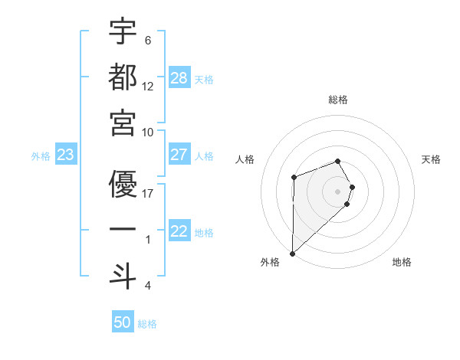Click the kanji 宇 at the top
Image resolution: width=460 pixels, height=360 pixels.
tap(123, 32)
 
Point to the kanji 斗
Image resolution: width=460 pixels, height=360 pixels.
tap(123, 277)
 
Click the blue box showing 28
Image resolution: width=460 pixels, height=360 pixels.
tap(179, 78)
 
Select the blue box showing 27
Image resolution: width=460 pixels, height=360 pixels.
tap(179, 155)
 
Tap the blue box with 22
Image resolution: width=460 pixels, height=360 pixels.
tap(179, 231)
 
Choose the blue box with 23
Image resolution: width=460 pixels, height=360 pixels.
tap(65, 155)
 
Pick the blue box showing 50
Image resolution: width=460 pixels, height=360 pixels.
tap(123, 322)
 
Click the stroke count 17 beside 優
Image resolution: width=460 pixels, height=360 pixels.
tap(148, 193)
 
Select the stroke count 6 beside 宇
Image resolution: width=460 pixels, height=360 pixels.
tap(148, 40)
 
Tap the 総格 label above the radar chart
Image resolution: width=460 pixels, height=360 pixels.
tap(338, 100)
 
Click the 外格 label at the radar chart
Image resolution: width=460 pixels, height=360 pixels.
tap(270, 263)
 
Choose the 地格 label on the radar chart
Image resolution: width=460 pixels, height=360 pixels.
tap(402, 263)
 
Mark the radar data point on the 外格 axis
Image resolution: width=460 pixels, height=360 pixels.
tap(292, 252)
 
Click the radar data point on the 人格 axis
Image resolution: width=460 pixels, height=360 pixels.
tap(294, 178)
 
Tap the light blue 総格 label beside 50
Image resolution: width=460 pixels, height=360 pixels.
tap(147, 324)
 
